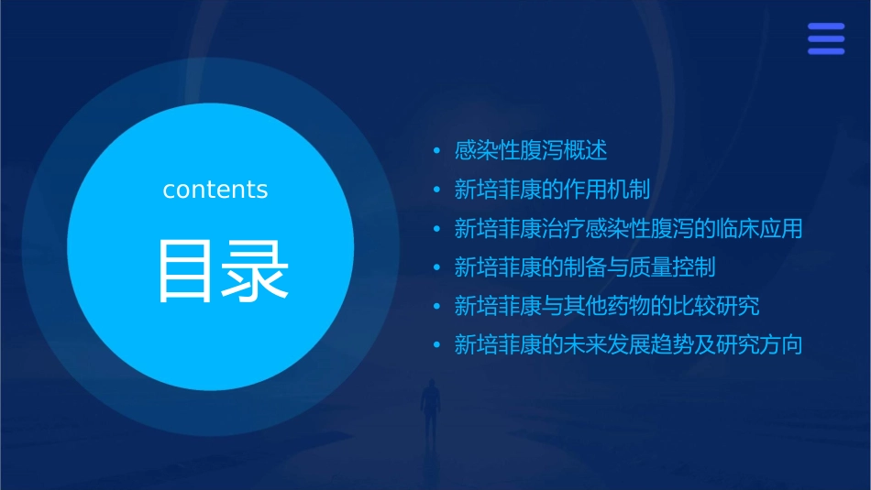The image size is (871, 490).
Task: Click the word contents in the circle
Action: coord(215,190)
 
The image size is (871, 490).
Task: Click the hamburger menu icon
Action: coord(826,39)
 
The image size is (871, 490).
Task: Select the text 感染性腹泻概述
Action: coord(531,150)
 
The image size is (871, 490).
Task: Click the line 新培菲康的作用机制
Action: coord(552,190)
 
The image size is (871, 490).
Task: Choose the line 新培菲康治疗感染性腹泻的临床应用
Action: coord(628,228)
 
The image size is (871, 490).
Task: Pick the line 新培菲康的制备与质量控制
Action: coord(585,267)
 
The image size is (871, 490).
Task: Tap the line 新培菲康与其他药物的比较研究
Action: coord(607,306)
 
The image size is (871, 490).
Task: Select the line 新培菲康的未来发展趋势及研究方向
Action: coord(628,345)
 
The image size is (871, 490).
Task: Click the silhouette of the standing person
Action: coord(429,408)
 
